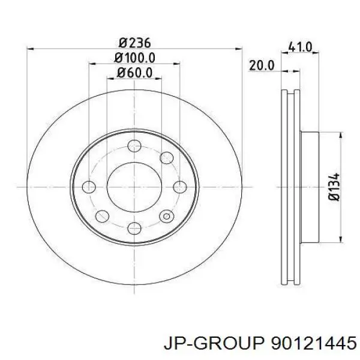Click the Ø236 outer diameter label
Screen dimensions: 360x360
(x=134, y=43)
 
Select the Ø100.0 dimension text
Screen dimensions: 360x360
(x=134, y=58)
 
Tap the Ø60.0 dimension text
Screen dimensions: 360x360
(x=134, y=73)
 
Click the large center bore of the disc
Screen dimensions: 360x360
(x=134, y=186)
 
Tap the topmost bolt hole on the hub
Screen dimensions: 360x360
(x=134, y=146)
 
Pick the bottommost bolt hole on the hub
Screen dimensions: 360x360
(x=134, y=227)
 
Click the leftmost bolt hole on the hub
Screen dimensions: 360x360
(x=89, y=186)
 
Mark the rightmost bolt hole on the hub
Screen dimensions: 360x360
(x=180, y=186)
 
